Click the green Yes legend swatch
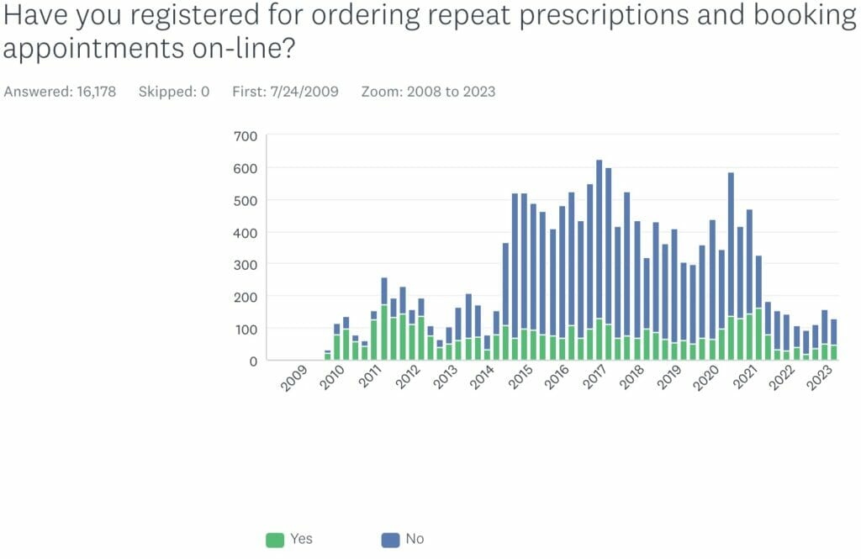(275, 540)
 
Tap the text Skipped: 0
(173, 92)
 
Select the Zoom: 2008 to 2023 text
(428, 92)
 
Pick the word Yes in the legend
(300, 539)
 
